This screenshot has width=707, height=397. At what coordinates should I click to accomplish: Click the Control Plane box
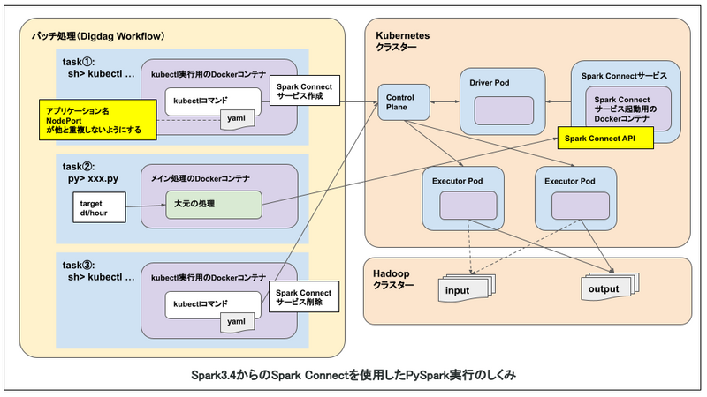pyautogui.click(x=404, y=102)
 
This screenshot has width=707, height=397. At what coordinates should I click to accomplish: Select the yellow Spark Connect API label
pyautogui.click(x=605, y=139)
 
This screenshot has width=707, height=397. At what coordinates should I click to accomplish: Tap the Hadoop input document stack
pyautogui.click(x=467, y=288)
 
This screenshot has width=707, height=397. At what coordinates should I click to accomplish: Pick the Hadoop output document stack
pyautogui.click(x=610, y=286)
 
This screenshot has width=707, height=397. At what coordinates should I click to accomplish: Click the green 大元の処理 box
pyautogui.click(x=214, y=205)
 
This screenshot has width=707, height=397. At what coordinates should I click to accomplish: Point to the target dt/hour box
pyautogui.click(x=99, y=207)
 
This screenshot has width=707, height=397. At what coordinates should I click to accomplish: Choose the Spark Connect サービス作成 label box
pyautogui.click(x=305, y=91)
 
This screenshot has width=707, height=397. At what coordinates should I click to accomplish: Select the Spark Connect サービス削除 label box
pyautogui.click(x=304, y=296)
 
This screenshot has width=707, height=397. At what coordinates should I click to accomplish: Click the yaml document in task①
pyautogui.click(x=237, y=120)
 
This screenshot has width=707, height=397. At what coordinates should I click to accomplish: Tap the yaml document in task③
pyautogui.click(x=237, y=323)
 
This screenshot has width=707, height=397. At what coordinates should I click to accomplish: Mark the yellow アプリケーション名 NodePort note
pyautogui.click(x=98, y=120)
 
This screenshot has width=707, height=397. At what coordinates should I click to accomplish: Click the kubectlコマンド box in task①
pyautogui.click(x=213, y=101)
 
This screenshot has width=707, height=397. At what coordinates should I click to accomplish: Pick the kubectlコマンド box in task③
pyautogui.click(x=213, y=304)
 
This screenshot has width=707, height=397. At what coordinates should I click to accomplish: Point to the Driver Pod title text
pyautogui.click(x=490, y=83)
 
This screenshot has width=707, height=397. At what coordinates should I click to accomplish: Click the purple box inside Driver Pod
pyautogui.click(x=504, y=110)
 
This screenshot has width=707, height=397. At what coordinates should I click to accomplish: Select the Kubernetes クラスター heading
pyautogui.click(x=403, y=41)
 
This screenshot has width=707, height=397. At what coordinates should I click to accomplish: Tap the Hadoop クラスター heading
pyautogui.click(x=393, y=279)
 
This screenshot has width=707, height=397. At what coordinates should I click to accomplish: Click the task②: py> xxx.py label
pyautogui.click(x=90, y=172)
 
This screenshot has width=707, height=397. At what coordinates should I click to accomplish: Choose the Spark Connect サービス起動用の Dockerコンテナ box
pyautogui.click(x=628, y=109)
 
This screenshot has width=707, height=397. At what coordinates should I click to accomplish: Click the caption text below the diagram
pyautogui.click(x=353, y=375)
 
